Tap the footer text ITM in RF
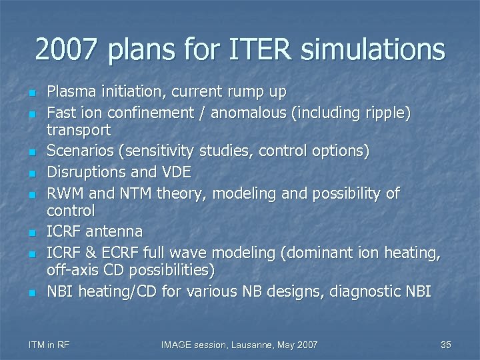49,345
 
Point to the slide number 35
446,345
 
